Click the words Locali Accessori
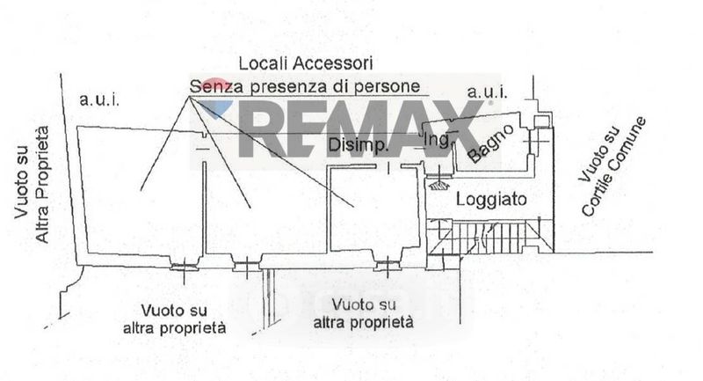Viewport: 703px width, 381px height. (307, 63)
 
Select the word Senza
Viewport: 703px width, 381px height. (212, 87)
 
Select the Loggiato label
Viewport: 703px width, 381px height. (491, 200)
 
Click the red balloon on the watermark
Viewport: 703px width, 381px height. (216, 87)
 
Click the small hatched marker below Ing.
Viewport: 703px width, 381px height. (437, 183)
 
